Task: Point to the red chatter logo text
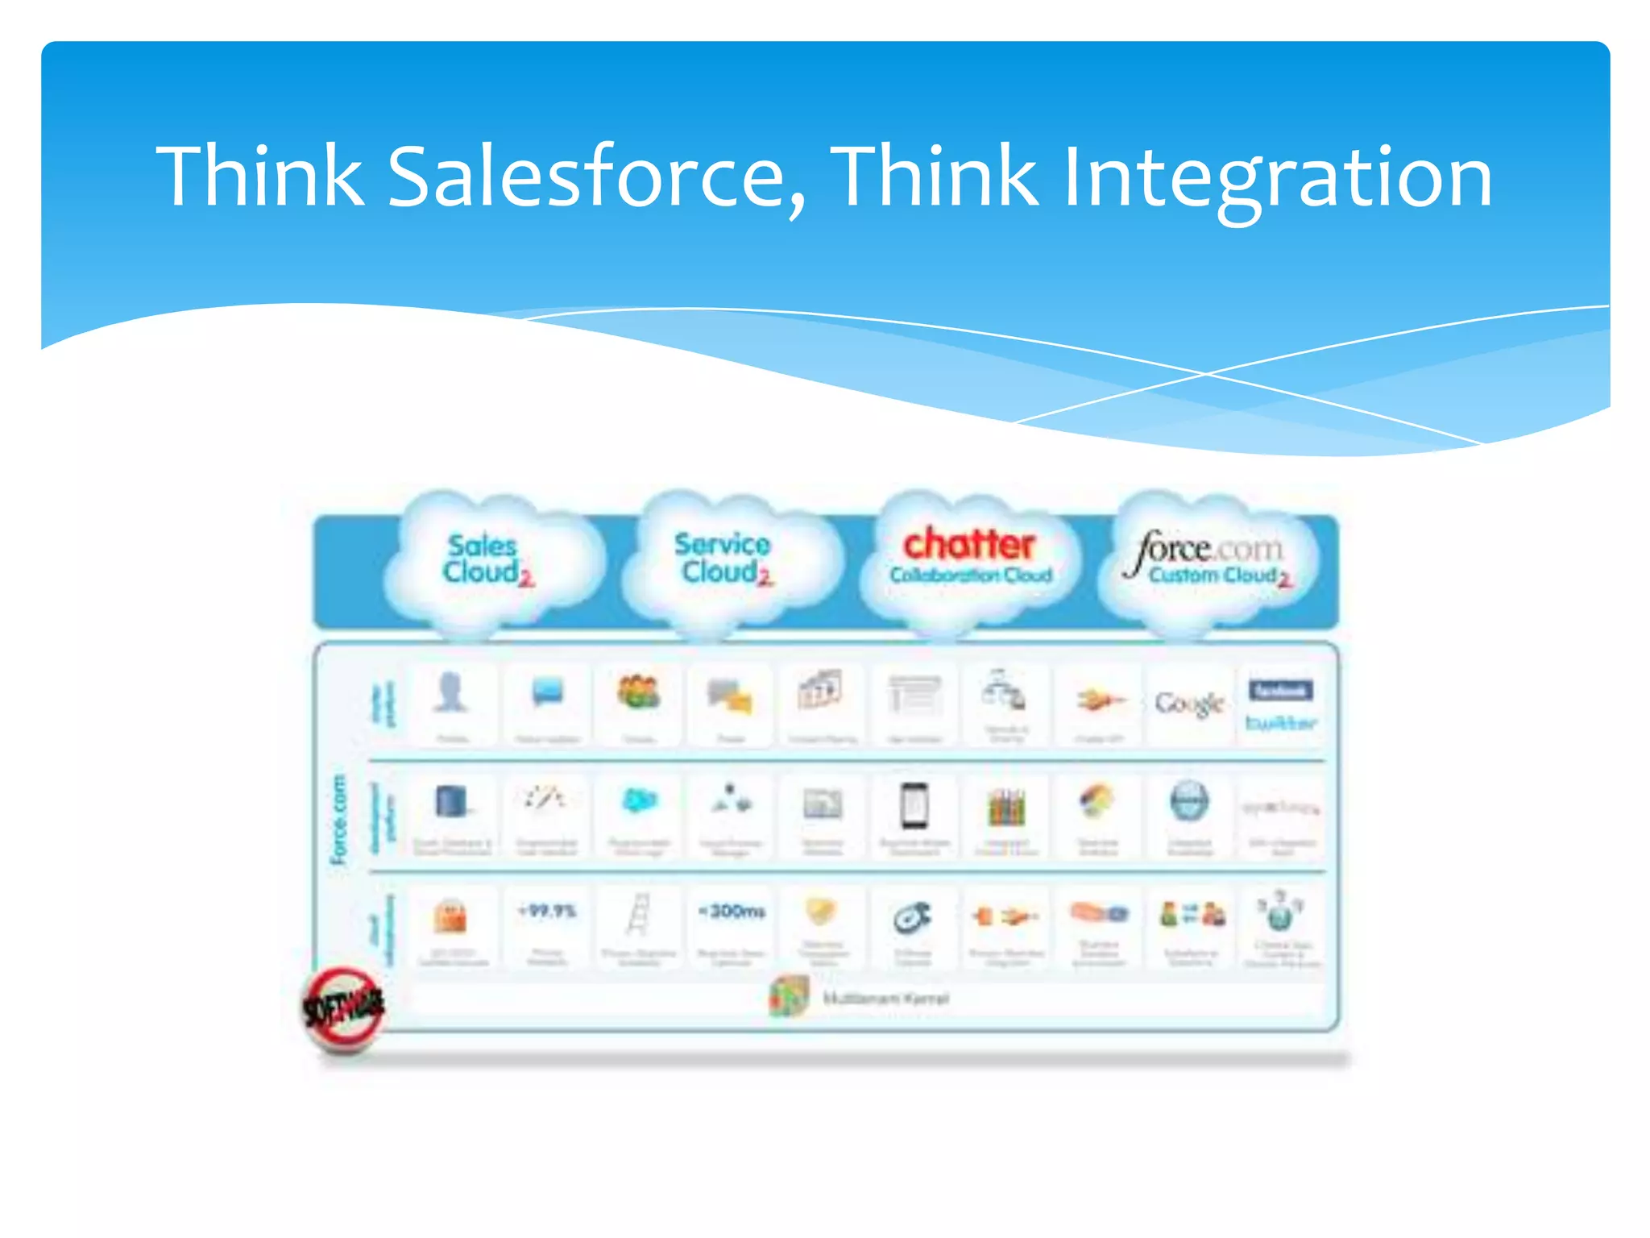(x=969, y=544)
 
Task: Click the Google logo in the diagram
(x=1189, y=703)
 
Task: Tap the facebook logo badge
(x=1280, y=691)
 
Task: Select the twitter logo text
(x=1280, y=723)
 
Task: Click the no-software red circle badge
(x=344, y=1007)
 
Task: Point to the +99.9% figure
(x=547, y=912)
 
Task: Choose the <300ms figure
(x=731, y=912)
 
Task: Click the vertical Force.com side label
(x=339, y=819)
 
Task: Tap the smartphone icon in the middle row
(x=914, y=805)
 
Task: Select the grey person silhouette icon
(x=451, y=692)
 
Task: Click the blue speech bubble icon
(x=548, y=692)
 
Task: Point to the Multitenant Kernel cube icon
(x=790, y=997)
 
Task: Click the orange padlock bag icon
(x=451, y=916)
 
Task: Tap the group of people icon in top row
(x=639, y=692)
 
